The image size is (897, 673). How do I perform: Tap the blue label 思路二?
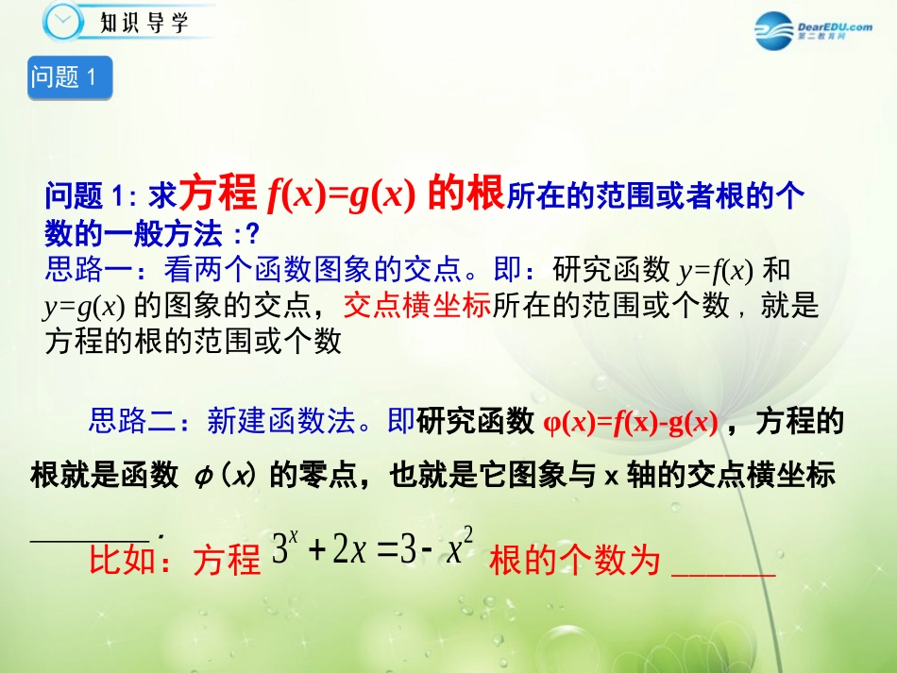tap(133, 421)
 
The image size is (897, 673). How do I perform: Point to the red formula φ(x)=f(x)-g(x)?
tap(632, 422)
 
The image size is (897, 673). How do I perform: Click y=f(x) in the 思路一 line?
tap(715, 272)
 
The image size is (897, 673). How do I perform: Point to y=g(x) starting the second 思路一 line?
tap(84, 307)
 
